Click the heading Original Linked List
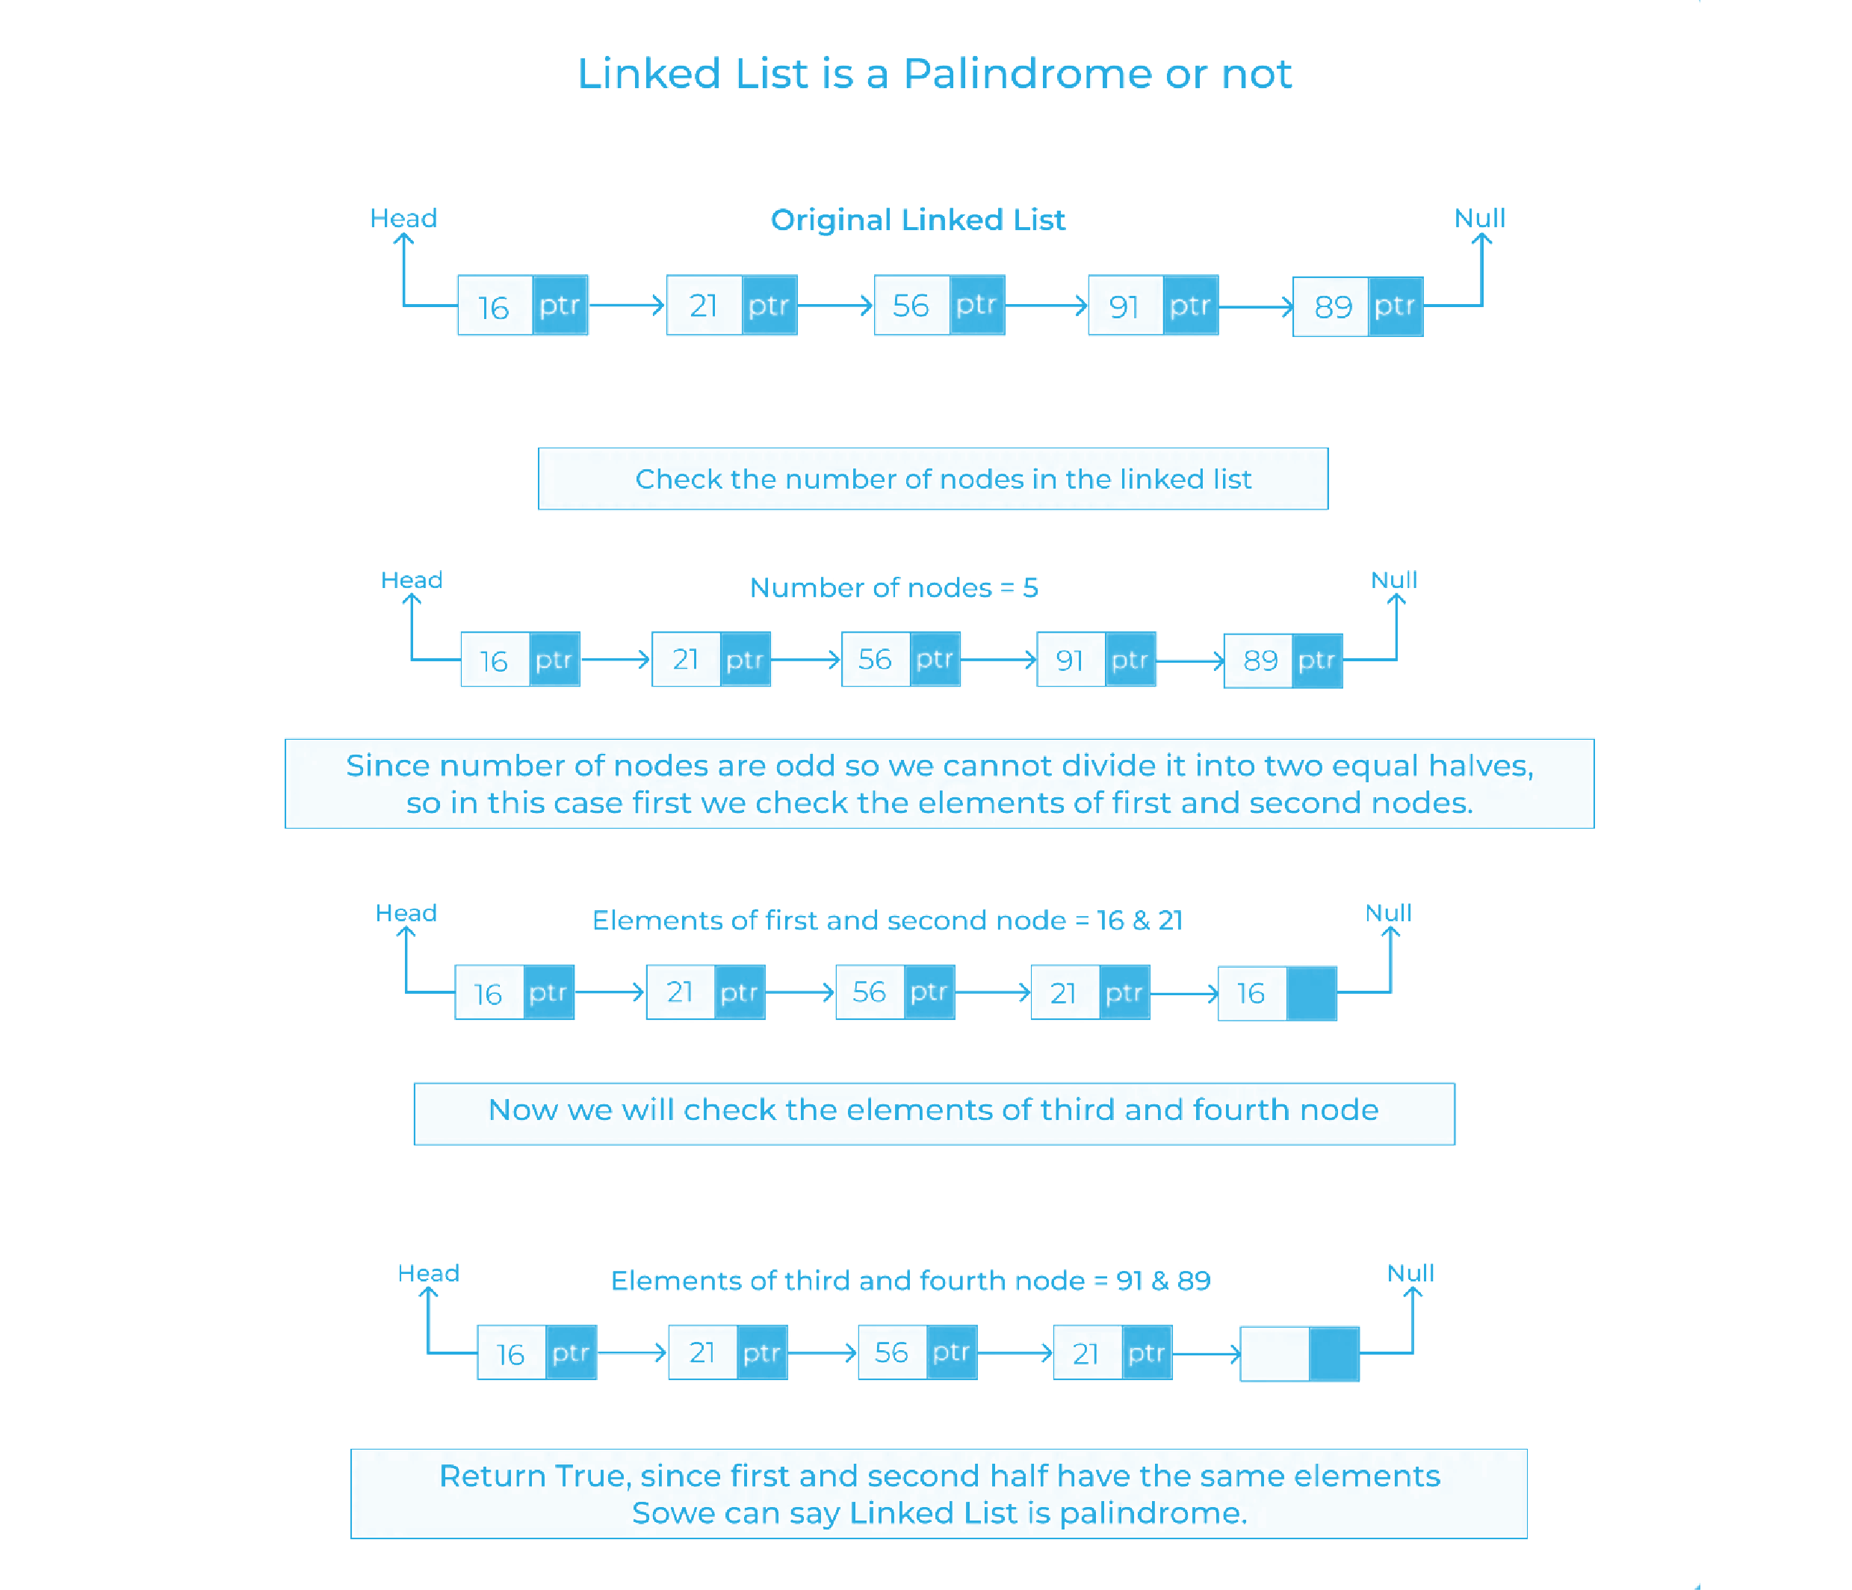pos(918,220)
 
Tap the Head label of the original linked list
pos(403,218)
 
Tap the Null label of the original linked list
pos(1479,218)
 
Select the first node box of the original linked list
pos(523,305)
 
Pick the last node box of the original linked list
pos(1357,306)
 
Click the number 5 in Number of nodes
pos(1029,588)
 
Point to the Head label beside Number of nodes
pos(411,580)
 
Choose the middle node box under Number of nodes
pos(901,660)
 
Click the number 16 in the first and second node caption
pos(1110,921)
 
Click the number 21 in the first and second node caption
pos(1170,921)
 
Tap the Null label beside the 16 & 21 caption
pos(1387,912)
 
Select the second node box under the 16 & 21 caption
pos(705,992)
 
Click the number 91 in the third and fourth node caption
pos(1129,1281)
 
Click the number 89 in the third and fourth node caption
pos(1193,1281)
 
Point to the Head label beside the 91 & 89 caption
pos(427,1272)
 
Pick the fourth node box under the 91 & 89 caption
pos(1113,1352)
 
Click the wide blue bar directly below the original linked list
pos(932,479)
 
